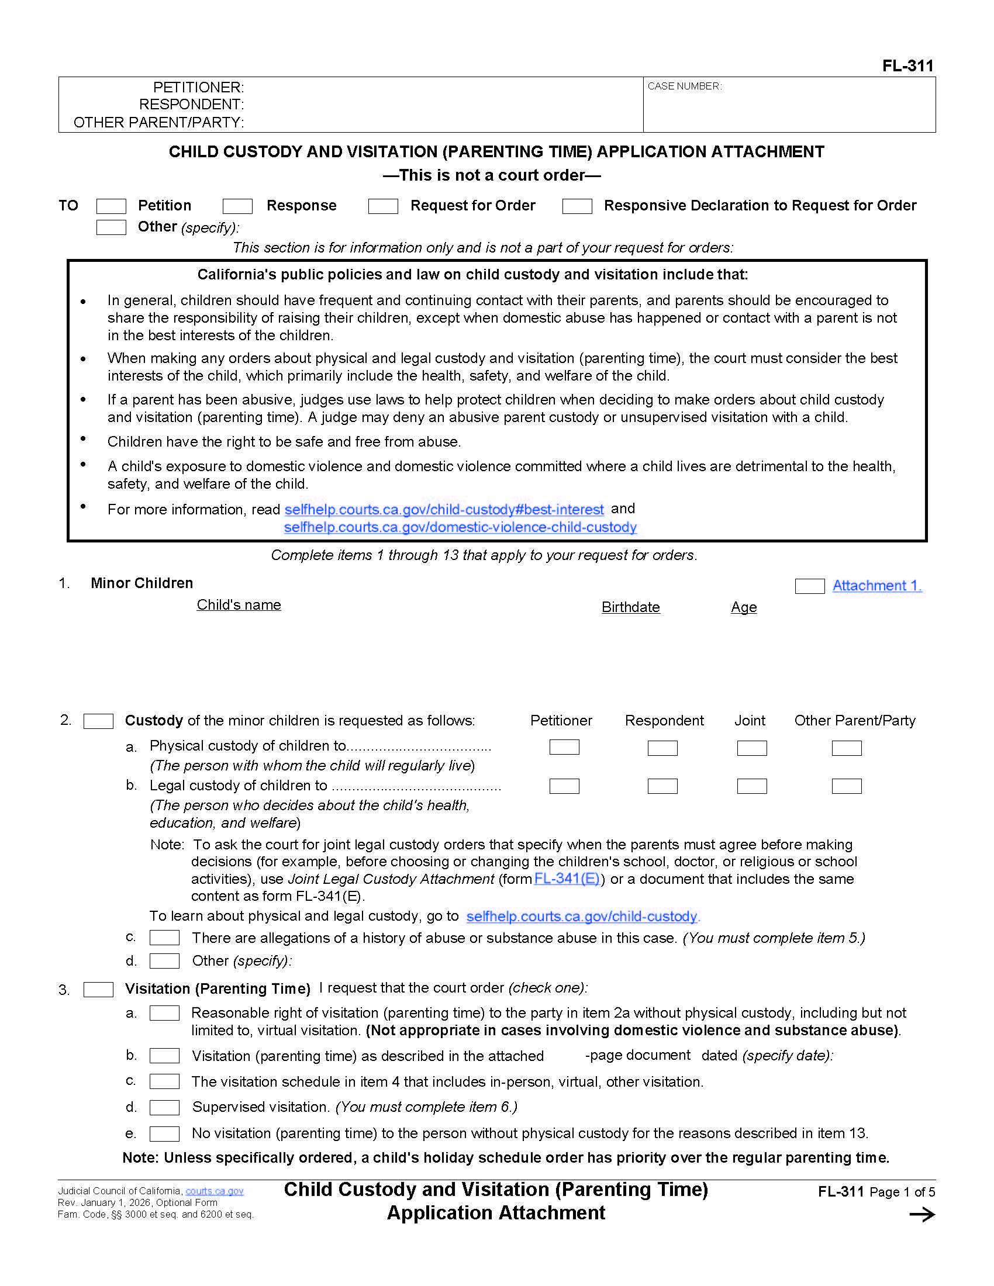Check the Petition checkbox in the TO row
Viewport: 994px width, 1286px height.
[x=111, y=206]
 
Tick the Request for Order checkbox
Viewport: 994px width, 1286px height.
[x=383, y=206]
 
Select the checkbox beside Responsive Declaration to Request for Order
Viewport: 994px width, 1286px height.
[x=577, y=206]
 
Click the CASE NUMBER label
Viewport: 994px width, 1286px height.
[x=684, y=87]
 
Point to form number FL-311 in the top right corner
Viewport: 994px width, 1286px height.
[x=907, y=66]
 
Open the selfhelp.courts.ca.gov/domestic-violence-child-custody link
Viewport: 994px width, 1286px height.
[x=460, y=527]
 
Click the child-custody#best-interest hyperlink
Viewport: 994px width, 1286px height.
[x=444, y=509]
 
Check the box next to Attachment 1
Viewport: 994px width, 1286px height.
[x=809, y=586]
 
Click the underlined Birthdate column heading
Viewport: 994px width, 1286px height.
[x=630, y=607]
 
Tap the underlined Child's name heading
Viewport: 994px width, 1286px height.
[x=239, y=605]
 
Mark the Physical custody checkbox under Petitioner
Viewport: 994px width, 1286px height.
[x=564, y=747]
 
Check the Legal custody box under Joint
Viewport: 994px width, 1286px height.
[x=751, y=786]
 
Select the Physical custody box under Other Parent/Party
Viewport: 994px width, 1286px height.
[x=846, y=748]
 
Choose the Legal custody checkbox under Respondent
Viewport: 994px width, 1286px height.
[x=662, y=786]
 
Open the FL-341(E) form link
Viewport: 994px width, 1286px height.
[x=567, y=879]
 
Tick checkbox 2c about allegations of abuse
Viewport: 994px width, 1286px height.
[x=164, y=938]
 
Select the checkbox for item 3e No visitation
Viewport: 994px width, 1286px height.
[x=164, y=1133]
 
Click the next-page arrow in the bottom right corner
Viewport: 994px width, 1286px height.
[x=921, y=1214]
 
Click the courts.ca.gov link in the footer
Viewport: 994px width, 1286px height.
[x=215, y=1191]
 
